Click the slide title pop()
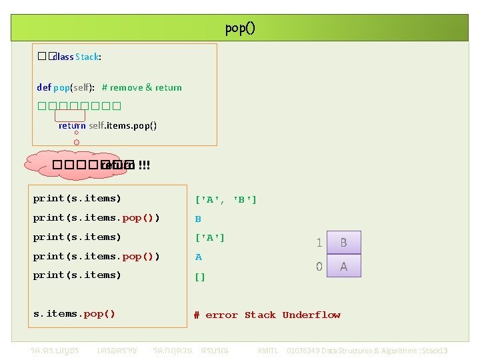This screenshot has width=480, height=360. click(240, 28)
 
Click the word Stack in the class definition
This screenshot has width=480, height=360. click(88, 57)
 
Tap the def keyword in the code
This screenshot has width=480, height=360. click(43, 87)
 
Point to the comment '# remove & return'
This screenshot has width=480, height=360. click(141, 87)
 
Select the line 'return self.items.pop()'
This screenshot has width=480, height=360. click(107, 125)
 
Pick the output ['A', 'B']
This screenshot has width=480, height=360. click(225, 199)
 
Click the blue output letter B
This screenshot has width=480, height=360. click(198, 219)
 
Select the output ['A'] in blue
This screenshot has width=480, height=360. click(210, 237)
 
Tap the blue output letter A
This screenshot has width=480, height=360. click(198, 257)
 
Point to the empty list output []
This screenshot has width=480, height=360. click(200, 276)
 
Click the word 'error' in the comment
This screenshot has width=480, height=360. click(221, 315)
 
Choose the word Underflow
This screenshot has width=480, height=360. click(311, 315)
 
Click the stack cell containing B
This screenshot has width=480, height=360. click(343, 243)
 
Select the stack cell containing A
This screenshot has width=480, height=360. click(343, 266)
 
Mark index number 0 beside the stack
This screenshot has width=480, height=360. click(319, 267)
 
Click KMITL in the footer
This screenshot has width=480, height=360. click(267, 351)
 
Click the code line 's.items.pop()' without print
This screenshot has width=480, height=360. click(74, 313)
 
